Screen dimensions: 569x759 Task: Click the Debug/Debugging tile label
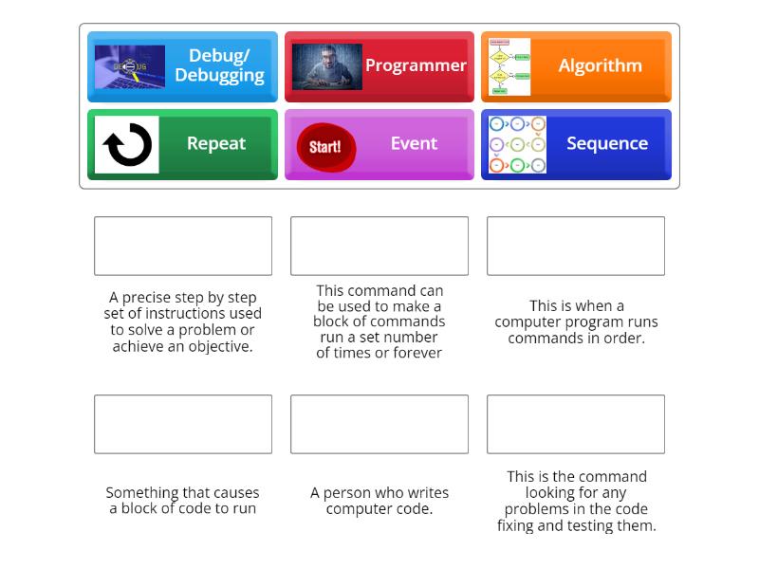(219, 65)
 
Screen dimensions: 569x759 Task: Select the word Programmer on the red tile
(416, 65)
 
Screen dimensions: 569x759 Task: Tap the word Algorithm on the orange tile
(600, 65)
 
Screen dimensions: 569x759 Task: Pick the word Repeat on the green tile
(216, 143)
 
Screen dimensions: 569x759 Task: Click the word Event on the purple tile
(414, 143)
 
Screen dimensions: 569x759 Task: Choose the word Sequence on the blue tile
(607, 143)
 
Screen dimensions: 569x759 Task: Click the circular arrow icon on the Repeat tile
(127, 145)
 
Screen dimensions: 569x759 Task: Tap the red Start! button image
(325, 147)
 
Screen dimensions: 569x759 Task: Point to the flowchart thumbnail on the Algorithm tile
(509, 66)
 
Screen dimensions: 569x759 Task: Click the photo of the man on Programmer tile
(326, 66)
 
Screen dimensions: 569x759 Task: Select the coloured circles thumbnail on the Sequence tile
(517, 144)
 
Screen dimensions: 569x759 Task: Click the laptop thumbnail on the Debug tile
(130, 66)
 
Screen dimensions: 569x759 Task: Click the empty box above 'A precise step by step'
(183, 246)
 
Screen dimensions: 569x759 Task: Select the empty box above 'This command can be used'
(379, 246)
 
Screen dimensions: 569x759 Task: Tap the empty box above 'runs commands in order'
(576, 246)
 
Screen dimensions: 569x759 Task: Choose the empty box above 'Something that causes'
(183, 424)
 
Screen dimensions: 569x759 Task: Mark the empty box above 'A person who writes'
(379, 424)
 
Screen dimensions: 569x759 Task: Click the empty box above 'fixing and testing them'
(576, 424)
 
